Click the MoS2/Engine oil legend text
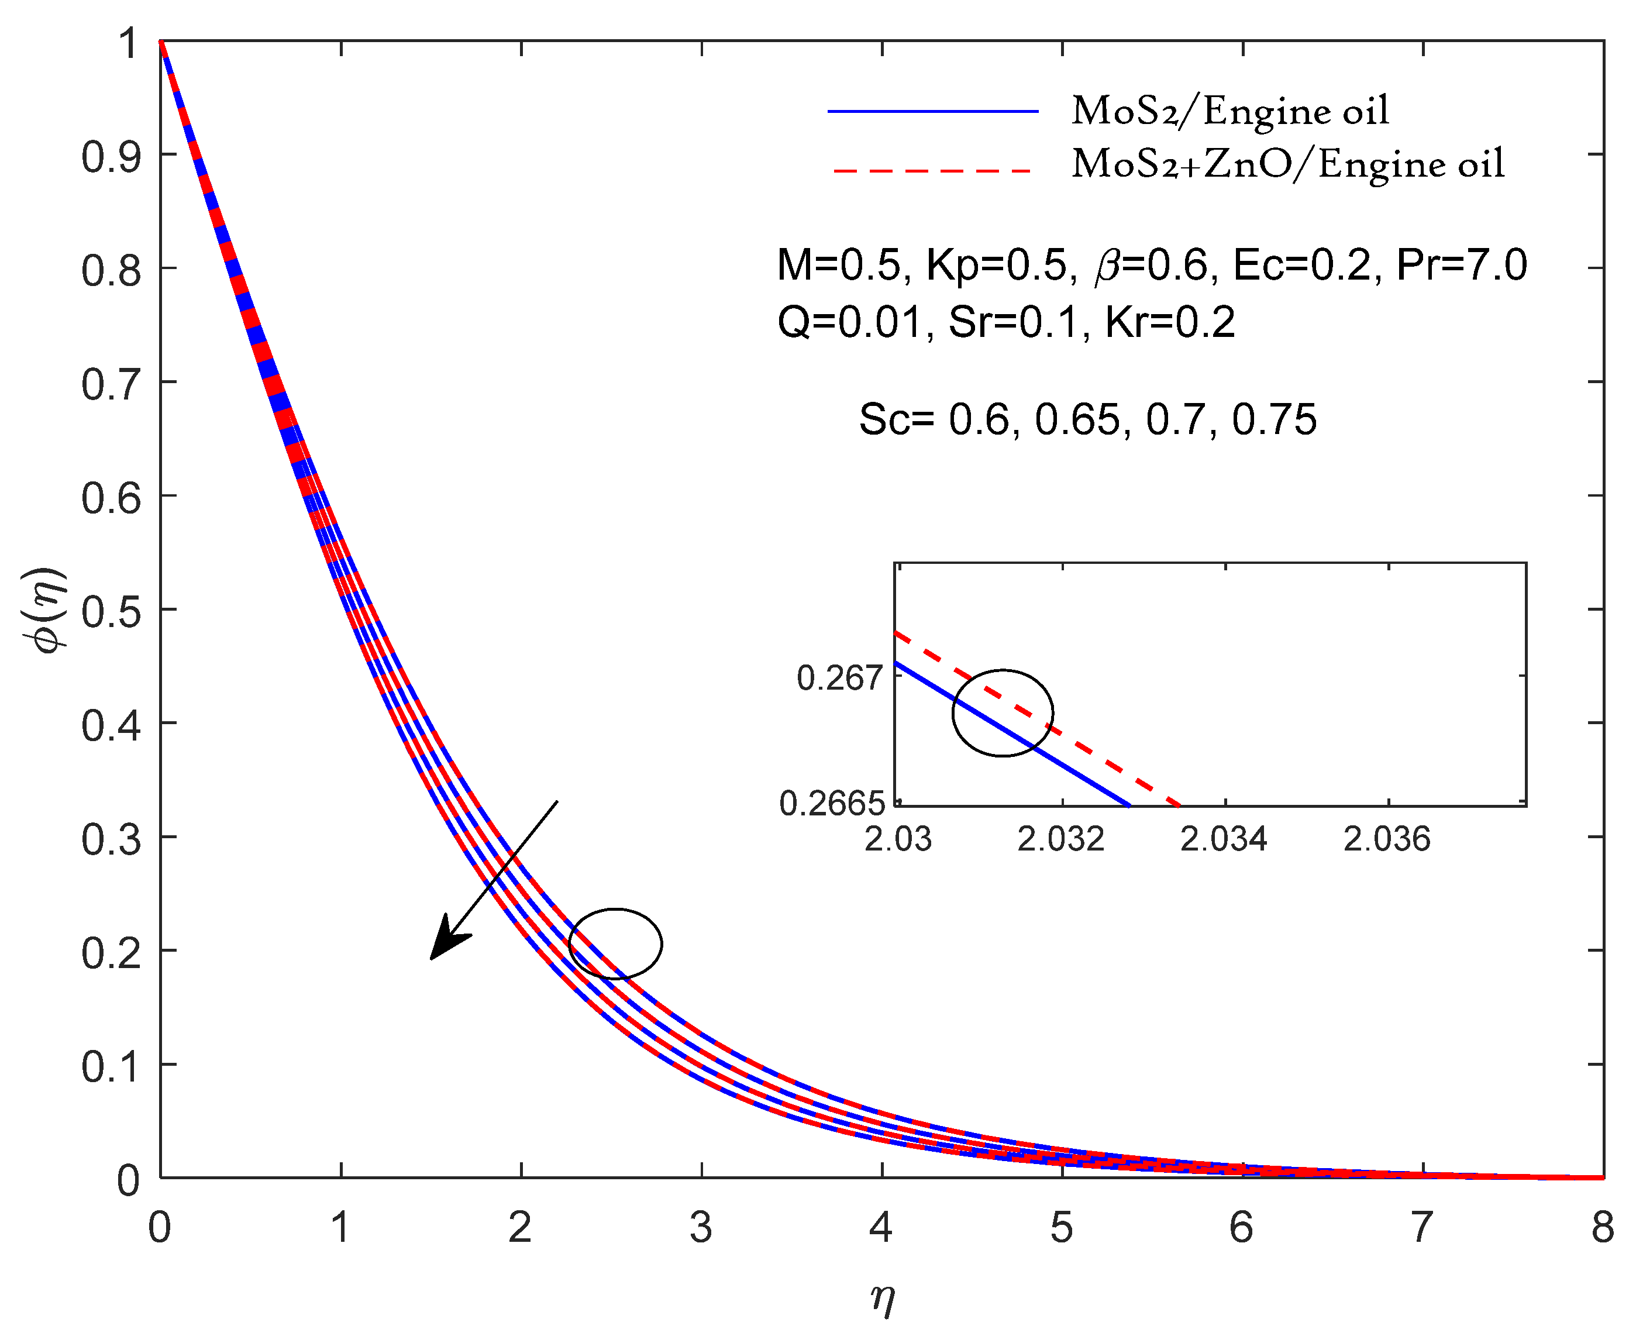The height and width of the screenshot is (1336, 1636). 1229,112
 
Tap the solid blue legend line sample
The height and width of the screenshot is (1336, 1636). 933,112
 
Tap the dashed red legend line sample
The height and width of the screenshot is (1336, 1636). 933,170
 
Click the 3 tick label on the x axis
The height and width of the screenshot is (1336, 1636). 700,1227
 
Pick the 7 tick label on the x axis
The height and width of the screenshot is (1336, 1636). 1421,1227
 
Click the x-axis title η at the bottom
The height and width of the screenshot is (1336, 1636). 883,1299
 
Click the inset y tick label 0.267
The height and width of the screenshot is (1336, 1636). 839,679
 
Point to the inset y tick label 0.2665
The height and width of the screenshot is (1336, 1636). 832,804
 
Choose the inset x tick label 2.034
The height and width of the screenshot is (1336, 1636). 1224,839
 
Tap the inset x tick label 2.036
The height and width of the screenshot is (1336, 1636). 1387,839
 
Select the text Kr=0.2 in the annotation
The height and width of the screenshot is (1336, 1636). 1170,322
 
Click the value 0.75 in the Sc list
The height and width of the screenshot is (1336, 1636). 1275,420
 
